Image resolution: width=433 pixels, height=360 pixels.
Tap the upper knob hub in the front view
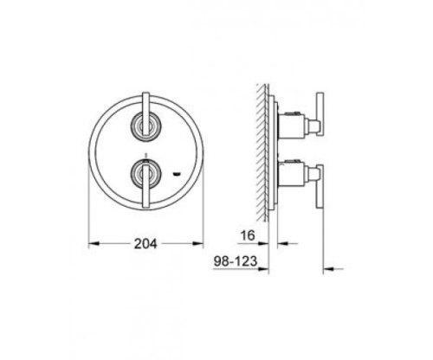click(x=145, y=127)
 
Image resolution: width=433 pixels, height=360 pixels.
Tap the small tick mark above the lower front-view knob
click(x=145, y=159)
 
